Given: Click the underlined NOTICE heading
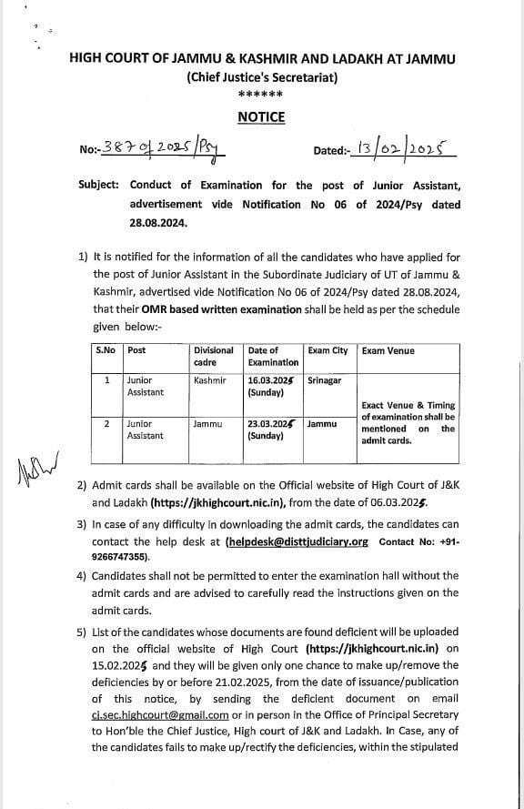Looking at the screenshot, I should pos(261,116).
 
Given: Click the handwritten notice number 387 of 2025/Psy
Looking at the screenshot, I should pos(165,147).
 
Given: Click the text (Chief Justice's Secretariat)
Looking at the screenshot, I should pos(262,77).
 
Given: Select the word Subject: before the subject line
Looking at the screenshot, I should pos(98,184).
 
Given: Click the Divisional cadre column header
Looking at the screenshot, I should pos(214,356).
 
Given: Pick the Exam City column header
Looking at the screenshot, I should pos(327,350).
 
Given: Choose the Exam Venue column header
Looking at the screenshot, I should pos(388,350).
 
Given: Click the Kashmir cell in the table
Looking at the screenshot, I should pos(209,380).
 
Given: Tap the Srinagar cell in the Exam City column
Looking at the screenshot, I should pos(325,380).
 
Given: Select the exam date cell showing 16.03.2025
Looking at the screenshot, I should pos(271,386).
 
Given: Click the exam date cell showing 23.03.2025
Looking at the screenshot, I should pos(271,430).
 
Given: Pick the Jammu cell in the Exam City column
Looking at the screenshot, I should pos(322,424).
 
